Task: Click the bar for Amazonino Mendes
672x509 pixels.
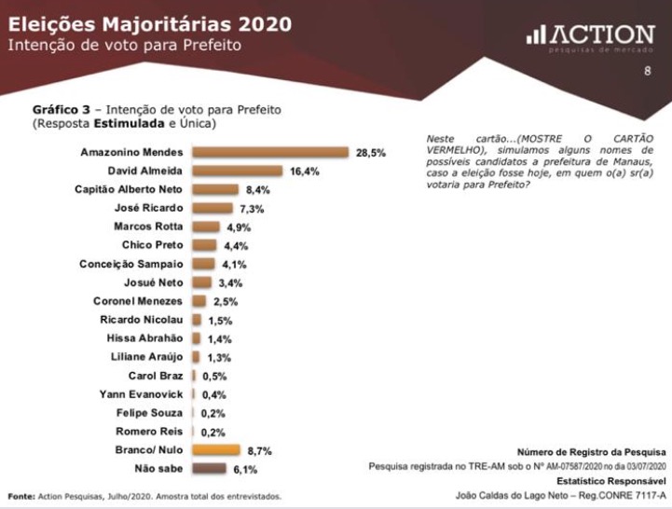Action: click(x=269, y=152)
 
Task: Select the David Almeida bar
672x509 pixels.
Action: click(x=237, y=171)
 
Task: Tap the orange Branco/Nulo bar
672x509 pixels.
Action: click(x=215, y=450)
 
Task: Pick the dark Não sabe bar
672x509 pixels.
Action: click(x=209, y=469)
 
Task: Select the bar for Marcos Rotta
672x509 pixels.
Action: click(x=205, y=227)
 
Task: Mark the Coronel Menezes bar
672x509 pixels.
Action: click(x=199, y=301)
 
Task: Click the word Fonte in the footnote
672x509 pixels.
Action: click(x=21, y=495)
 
